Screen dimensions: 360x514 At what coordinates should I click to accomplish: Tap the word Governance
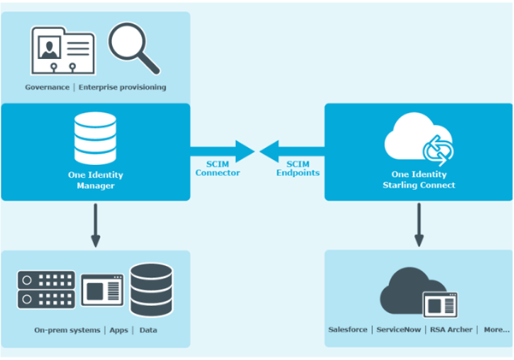[x=48, y=87]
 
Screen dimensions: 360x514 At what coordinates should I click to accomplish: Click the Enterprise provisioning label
[x=122, y=87]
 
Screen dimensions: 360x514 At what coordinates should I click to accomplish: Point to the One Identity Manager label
[x=94, y=178]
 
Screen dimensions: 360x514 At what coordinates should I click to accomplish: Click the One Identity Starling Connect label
[x=418, y=178]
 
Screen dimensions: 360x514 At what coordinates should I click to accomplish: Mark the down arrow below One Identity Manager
[x=94, y=228]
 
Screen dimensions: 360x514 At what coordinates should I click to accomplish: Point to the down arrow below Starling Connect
[x=418, y=228]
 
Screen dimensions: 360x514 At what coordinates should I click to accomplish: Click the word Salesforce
[x=349, y=329]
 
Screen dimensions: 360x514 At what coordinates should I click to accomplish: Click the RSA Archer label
[x=451, y=329]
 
